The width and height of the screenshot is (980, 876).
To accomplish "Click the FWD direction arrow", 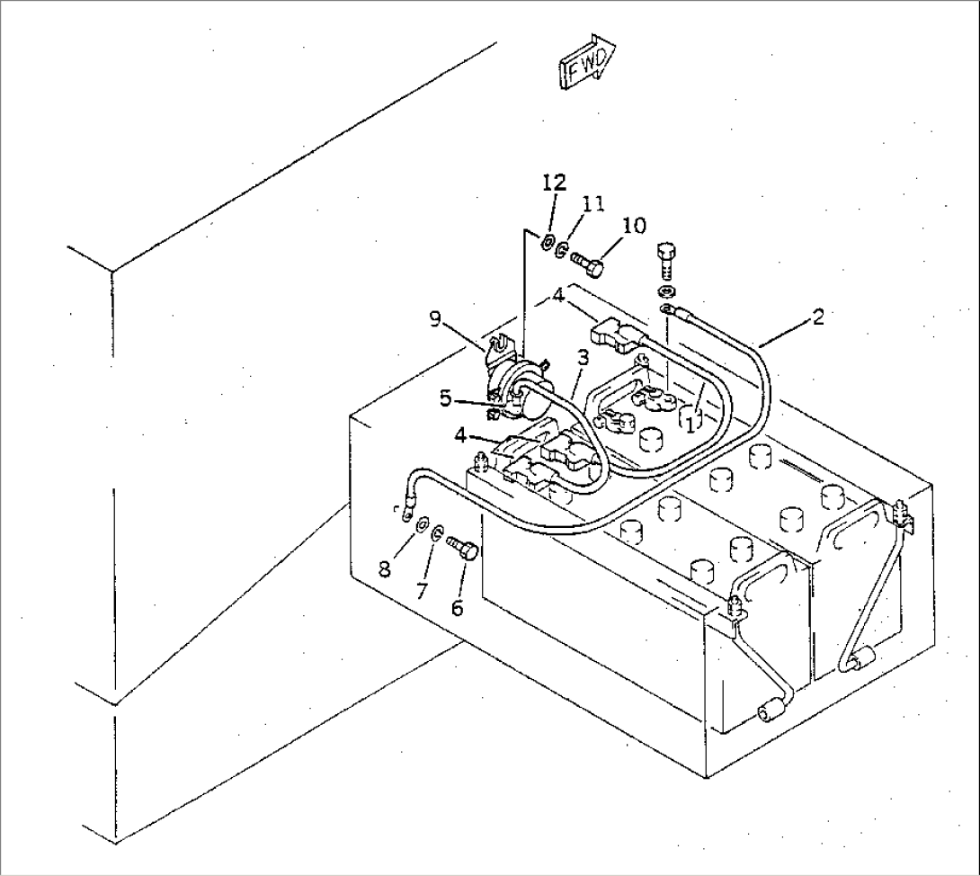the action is coord(587,61).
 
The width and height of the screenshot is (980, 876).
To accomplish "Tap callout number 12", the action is coord(554,183).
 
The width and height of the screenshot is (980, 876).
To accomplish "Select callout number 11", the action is coord(593,203).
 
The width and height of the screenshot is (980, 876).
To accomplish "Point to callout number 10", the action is coord(635,225).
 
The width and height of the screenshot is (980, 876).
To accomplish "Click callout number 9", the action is coord(435,319).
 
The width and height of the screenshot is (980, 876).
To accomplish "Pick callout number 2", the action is coord(817,317).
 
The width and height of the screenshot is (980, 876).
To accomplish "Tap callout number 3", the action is coord(583,358).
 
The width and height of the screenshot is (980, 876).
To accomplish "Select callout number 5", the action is coord(445,398).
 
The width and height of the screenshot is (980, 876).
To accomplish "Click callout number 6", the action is coord(457,607).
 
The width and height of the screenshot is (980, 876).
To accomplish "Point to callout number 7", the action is coord(422,590).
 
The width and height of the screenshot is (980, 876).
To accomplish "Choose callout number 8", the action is coord(385,569).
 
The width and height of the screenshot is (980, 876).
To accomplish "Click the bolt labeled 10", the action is coord(587,264).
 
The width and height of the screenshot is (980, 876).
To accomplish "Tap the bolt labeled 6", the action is coord(463,547).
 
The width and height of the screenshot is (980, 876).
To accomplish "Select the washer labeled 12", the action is coord(548,243).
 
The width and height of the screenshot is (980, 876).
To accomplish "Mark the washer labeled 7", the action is coord(438,533).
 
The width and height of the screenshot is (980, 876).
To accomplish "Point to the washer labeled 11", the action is coord(562,250).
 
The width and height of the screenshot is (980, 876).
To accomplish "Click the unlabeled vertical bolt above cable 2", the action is coord(665,261).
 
